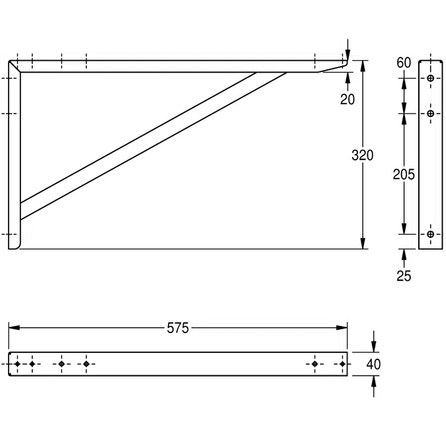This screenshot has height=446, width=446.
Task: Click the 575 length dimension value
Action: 178,328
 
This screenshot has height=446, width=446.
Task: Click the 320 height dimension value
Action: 362,156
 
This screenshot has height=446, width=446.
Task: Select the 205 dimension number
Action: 404,174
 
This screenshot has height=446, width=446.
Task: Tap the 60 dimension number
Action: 404,63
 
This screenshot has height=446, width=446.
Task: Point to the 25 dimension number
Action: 404,276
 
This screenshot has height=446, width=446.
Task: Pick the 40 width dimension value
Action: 373,364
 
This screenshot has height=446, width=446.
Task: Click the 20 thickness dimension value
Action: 348,100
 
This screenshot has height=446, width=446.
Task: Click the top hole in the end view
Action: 431,79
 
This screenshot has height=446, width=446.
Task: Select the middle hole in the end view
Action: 431,114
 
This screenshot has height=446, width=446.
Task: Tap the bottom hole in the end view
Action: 431,235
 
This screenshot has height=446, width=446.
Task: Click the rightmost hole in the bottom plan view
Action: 342,364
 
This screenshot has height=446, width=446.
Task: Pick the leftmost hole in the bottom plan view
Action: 17,364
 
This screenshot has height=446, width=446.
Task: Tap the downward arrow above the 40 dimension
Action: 374,346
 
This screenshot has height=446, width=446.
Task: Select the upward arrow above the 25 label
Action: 404,254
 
